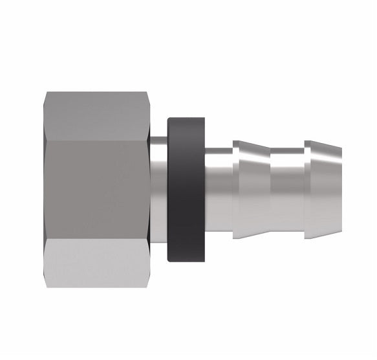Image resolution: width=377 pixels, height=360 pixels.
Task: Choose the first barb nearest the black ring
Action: [x=252, y=188]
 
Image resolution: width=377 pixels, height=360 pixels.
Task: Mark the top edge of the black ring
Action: [x=186, y=119]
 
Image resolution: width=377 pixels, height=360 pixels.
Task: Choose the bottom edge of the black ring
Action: [x=186, y=260]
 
